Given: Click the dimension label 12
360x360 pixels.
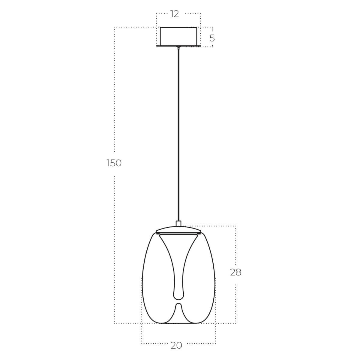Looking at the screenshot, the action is pos(175,14).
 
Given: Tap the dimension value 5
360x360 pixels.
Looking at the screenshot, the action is pos(212,38).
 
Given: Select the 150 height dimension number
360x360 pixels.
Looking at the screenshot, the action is pos(114,163).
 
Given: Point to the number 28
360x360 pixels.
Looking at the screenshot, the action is pos(235,273).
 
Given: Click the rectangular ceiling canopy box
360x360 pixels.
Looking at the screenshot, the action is pos(178,36).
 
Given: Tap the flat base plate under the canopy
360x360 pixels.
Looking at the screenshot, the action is pos(178,46).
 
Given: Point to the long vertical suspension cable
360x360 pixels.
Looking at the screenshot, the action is pos(178,135).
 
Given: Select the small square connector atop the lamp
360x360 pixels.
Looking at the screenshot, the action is pos(178,224).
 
